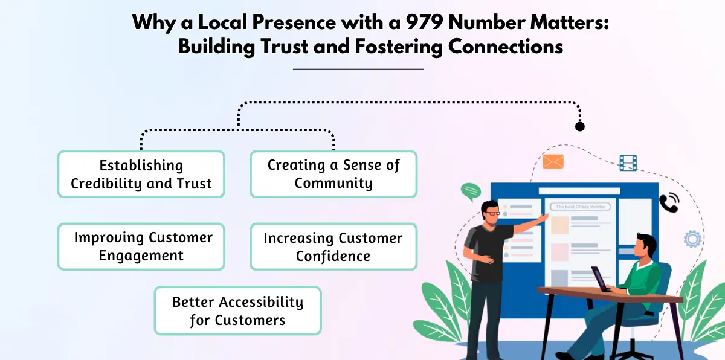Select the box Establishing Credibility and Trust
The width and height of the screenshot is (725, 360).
pyautogui.click(x=141, y=174)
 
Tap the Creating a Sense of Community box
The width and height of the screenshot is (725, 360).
pyautogui.click(x=333, y=174)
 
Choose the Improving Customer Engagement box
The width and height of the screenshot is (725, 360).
pyautogui.click(x=141, y=246)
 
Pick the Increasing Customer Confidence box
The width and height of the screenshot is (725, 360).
pyautogui.click(x=333, y=246)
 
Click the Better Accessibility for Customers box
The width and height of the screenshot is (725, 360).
pyautogui.click(x=237, y=310)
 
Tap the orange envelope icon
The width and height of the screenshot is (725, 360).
pyautogui.click(x=553, y=161)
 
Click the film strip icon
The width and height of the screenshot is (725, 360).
pyautogui.click(x=628, y=162)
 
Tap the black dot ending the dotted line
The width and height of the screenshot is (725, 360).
pyautogui.click(x=580, y=127)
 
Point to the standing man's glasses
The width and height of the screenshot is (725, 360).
pyautogui.click(x=492, y=213)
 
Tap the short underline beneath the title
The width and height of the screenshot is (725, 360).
pyautogui.click(x=358, y=69)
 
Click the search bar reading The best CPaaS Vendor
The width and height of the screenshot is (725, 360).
pyautogui.click(x=580, y=207)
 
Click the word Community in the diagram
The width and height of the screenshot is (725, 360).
pyautogui.click(x=333, y=183)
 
